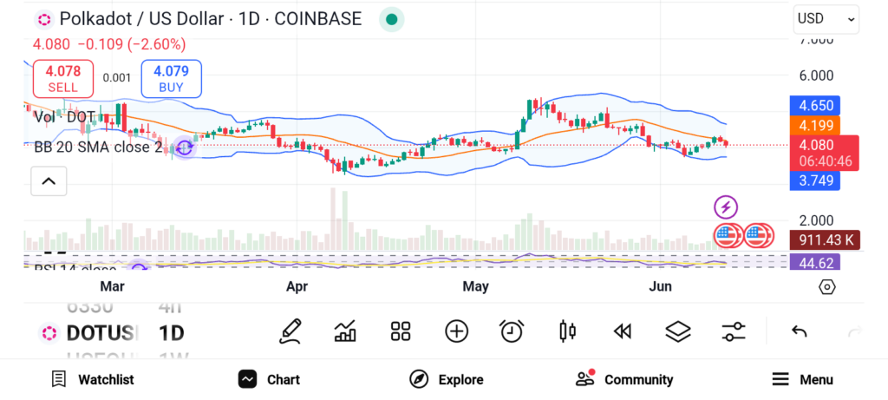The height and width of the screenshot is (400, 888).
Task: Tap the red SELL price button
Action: pyautogui.click(x=62, y=79)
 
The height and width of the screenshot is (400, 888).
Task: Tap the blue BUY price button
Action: pyautogui.click(x=171, y=79)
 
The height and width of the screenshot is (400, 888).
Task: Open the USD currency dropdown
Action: pyautogui.click(x=825, y=18)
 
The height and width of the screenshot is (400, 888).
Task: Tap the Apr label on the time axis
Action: pyautogui.click(x=297, y=286)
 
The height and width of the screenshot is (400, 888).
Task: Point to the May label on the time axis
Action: pyautogui.click(x=475, y=286)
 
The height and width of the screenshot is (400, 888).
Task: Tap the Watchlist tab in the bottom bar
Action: pyautogui.click(x=93, y=379)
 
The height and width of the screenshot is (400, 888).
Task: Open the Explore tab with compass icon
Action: pyautogui.click(x=447, y=379)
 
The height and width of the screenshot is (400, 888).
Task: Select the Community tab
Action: pyautogui.click(x=624, y=379)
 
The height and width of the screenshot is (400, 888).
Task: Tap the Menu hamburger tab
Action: pyautogui.click(x=802, y=379)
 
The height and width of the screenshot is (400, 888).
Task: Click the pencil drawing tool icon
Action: pyautogui.click(x=291, y=331)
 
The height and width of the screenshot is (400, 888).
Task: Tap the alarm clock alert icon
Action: pyautogui.click(x=512, y=331)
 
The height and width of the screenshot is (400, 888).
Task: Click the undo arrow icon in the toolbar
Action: pyautogui.click(x=800, y=331)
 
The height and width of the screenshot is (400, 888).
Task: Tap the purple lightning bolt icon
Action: pyautogui.click(x=726, y=207)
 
